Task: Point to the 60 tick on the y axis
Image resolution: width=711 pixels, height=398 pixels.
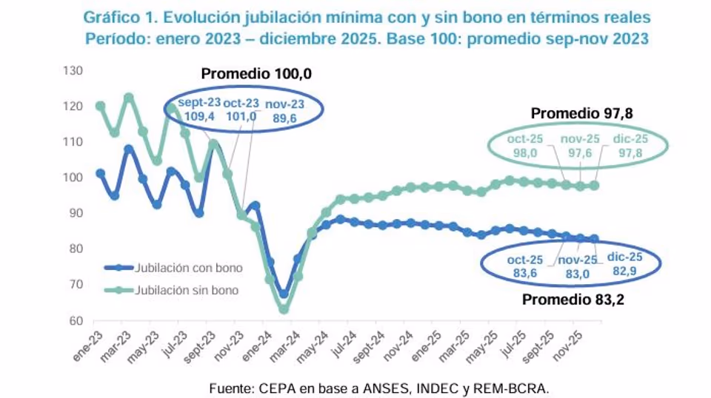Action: click(x=74, y=321)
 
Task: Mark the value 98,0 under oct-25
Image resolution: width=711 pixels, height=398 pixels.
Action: click(x=522, y=151)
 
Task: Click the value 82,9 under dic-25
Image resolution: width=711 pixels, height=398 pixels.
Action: click(x=624, y=271)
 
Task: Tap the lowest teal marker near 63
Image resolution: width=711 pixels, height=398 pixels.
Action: click(x=283, y=309)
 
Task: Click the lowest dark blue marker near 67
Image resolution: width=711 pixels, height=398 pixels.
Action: click(x=283, y=294)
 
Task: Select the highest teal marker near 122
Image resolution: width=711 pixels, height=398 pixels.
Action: click(x=128, y=98)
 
